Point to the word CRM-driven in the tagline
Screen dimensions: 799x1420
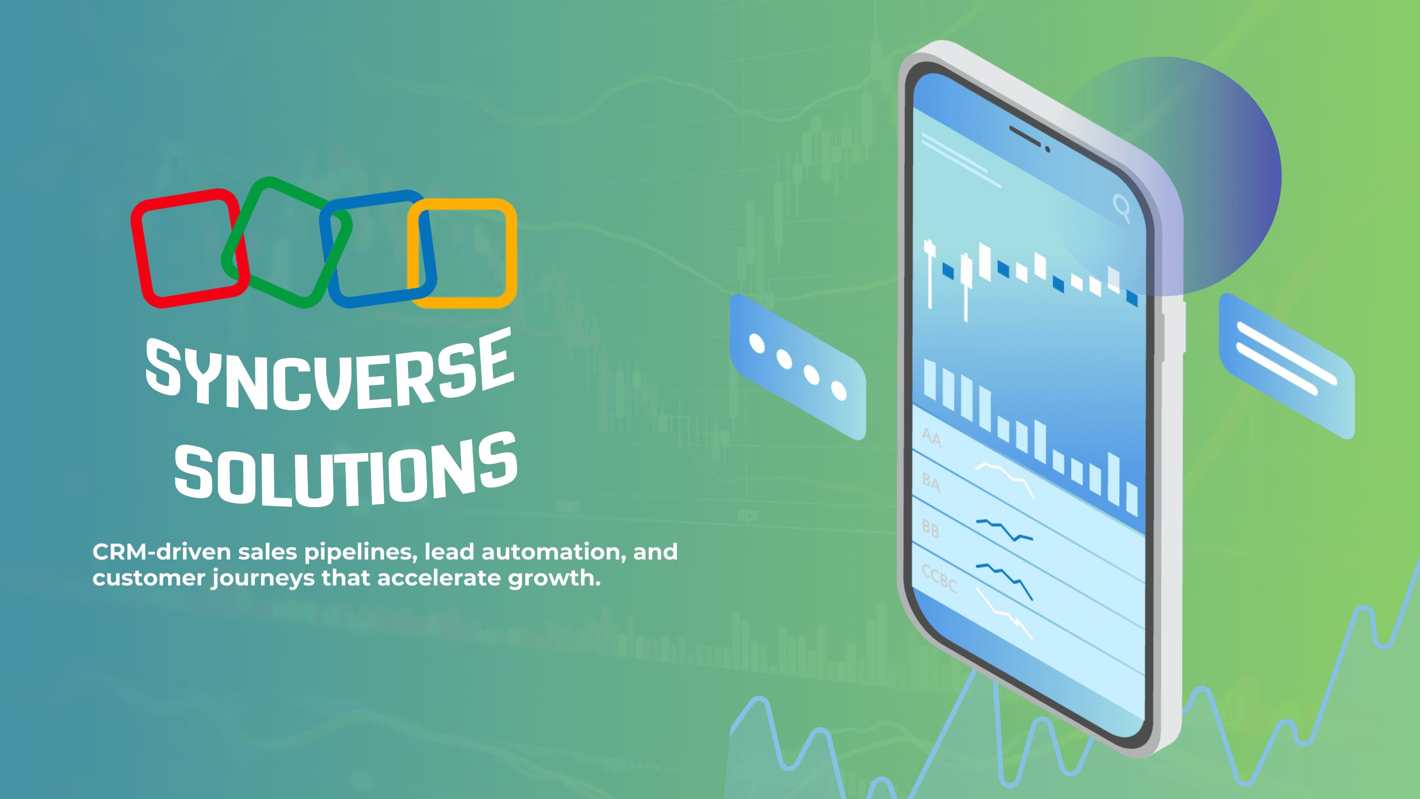click(162, 552)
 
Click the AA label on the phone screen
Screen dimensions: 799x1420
click(932, 437)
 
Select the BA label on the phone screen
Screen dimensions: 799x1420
click(931, 483)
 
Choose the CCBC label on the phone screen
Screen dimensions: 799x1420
click(939, 578)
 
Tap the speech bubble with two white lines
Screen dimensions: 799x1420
click(1287, 366)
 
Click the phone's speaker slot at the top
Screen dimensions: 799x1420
click(1024, 136)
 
